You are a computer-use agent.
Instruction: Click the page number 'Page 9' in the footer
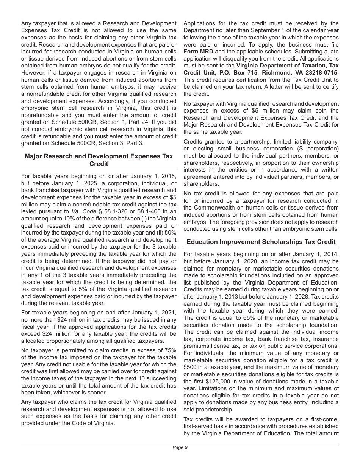[x=180, y=447]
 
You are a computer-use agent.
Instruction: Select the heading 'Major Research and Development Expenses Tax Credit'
[x=99, y=160]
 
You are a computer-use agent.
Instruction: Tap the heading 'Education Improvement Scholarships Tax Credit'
[x=261, y=242]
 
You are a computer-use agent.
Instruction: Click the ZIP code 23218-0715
[x=321, y=72]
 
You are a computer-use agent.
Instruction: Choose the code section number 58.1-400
[x=145, y=211]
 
